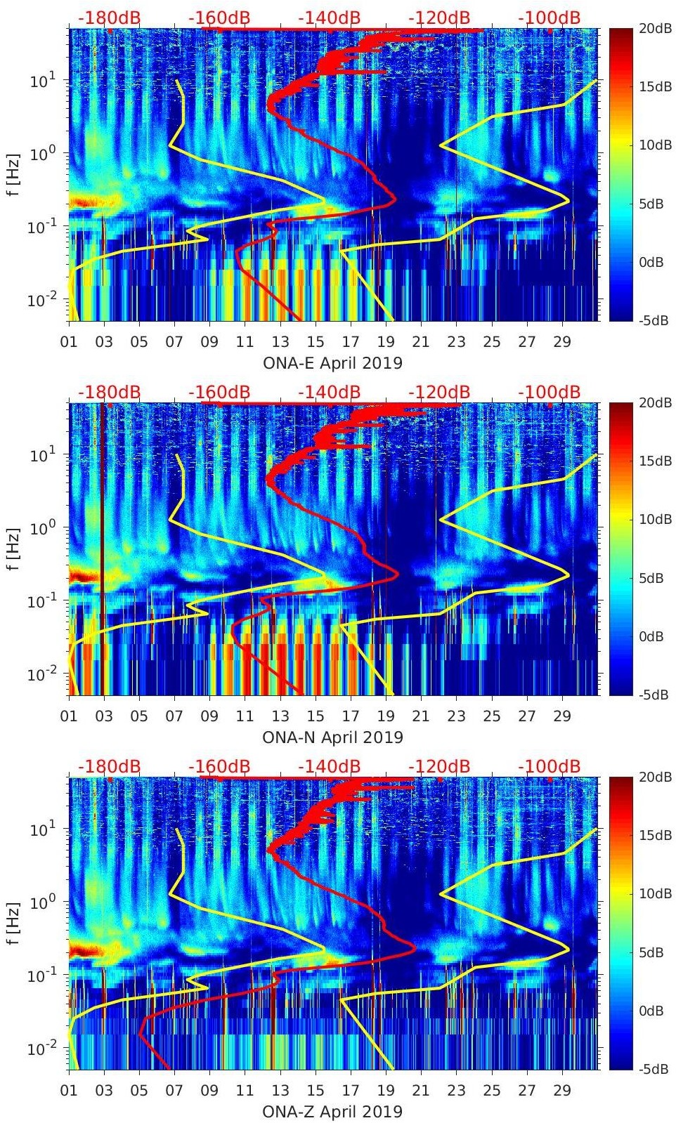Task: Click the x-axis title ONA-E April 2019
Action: coord(332,363)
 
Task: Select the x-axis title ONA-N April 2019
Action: coord(332,737)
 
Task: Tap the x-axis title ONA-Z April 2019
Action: coord(332,1112)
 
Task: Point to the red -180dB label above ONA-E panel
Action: coord(109,18)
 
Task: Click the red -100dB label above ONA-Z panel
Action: coord(549,766)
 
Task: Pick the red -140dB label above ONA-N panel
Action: coord(329,392)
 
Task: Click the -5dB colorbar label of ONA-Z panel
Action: coord(651,1069)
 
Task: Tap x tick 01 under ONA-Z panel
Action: coord(69,1090)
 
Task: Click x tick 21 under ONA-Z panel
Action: coord(421,1090)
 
